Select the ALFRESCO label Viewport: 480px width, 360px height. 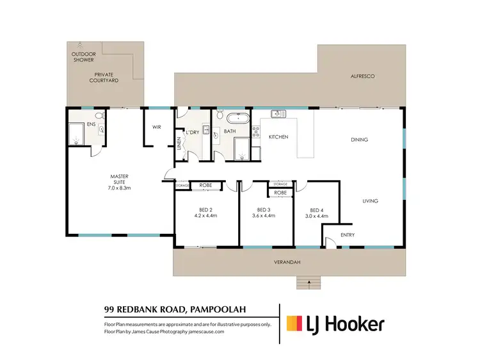pos(362,76)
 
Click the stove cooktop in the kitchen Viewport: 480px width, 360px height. pos(257,133)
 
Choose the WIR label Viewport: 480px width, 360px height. pos(156,127)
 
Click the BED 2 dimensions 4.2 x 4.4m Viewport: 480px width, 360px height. pos(206,216)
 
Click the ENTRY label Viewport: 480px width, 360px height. pos(348,234)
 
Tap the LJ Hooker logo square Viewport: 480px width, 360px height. pos(294,323)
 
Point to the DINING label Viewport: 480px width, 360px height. pos(361,139)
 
